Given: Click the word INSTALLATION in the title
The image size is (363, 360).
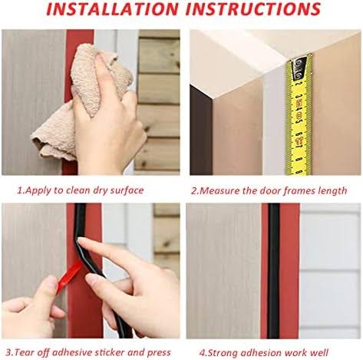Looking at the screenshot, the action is pyautogui.click(x=112, y=8).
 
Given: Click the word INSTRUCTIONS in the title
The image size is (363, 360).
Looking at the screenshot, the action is pyautogui.click(x=253, y=8).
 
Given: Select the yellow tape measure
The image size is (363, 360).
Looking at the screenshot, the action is pyautogui.click(x=299, y=115).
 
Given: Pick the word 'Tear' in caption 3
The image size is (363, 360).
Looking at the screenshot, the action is pyautogui.click(x=24, y=352).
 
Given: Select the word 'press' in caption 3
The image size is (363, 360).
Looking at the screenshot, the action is pyautogui.click(x=159, y=353).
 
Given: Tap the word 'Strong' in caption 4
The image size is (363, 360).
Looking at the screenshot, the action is pyautogui.click(x=223, y=353).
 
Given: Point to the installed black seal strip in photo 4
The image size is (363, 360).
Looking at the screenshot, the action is pyautogui.click(x=273, y=271).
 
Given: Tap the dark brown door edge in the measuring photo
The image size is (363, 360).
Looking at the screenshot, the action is pyautogui.click(x=201, y=130).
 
